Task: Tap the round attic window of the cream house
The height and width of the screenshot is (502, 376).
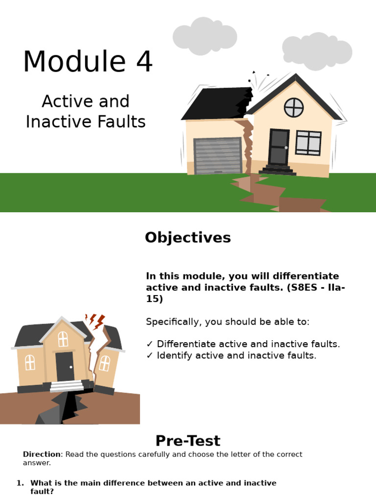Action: [294, 107]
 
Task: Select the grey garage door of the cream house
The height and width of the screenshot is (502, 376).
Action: [218, 156]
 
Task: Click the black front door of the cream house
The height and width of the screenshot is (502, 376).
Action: [279, 147]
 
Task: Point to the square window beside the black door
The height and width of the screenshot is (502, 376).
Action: [308, 143]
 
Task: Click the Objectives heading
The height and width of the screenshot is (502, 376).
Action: [188, 238]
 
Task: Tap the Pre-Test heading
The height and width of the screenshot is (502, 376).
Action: [188, 441]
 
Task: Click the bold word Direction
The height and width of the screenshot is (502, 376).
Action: [41, 454]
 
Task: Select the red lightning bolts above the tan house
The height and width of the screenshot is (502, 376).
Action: [95, 321]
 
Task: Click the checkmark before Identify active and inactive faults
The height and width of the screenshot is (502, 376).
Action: [150, 355]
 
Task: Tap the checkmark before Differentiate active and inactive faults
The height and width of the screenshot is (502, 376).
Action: [150, 344]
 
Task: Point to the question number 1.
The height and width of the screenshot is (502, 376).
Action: [20, 483]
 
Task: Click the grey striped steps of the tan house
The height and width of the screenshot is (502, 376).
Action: [67, 386]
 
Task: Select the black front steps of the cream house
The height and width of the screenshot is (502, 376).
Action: [278, 171]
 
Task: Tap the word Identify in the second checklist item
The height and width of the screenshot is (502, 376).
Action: [174, 355]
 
